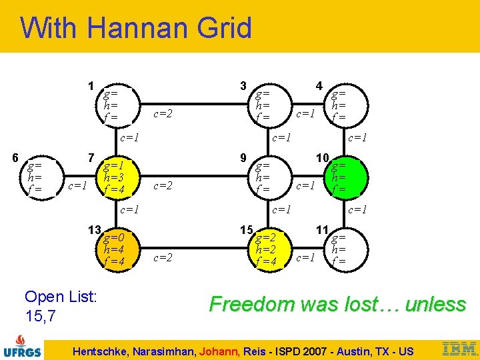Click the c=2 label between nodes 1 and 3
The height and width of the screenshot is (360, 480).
point(163,114)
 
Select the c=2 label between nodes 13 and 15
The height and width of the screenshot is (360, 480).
point(163,257)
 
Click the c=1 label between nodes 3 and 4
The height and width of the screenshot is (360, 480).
point(305,114)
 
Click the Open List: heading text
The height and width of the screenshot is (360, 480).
point(61,296)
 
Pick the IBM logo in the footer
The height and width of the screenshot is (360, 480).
point(459,347)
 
